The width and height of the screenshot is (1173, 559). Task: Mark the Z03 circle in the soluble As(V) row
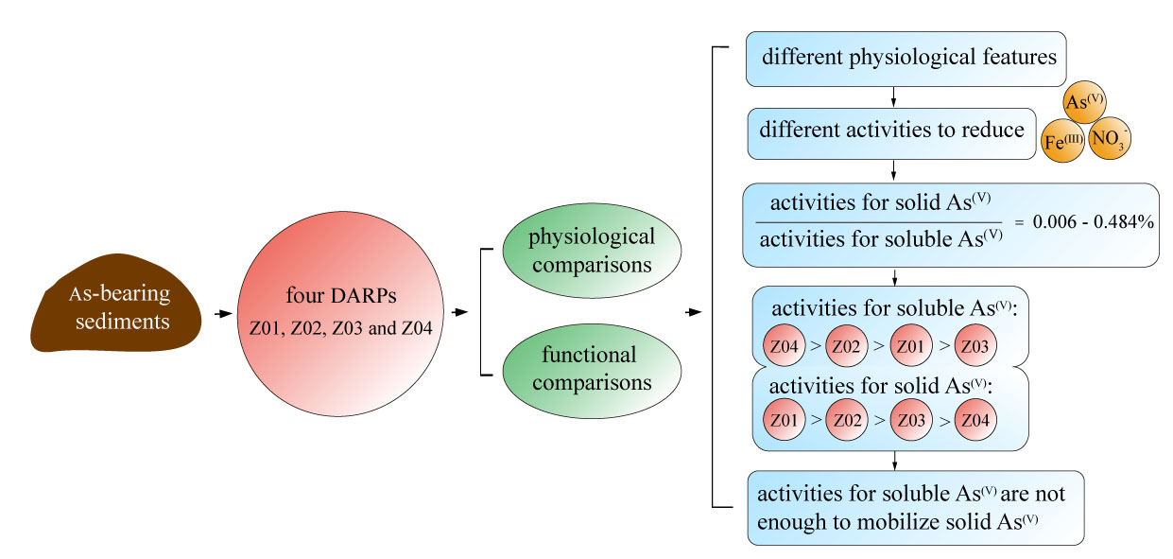click(x=975, y=346)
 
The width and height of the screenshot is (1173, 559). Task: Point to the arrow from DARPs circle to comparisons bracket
click(x=460, y=313)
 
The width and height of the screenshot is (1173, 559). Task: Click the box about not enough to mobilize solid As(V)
click(x=915, y=506)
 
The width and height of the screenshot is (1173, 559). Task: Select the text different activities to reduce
click(x=891, y=130)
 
